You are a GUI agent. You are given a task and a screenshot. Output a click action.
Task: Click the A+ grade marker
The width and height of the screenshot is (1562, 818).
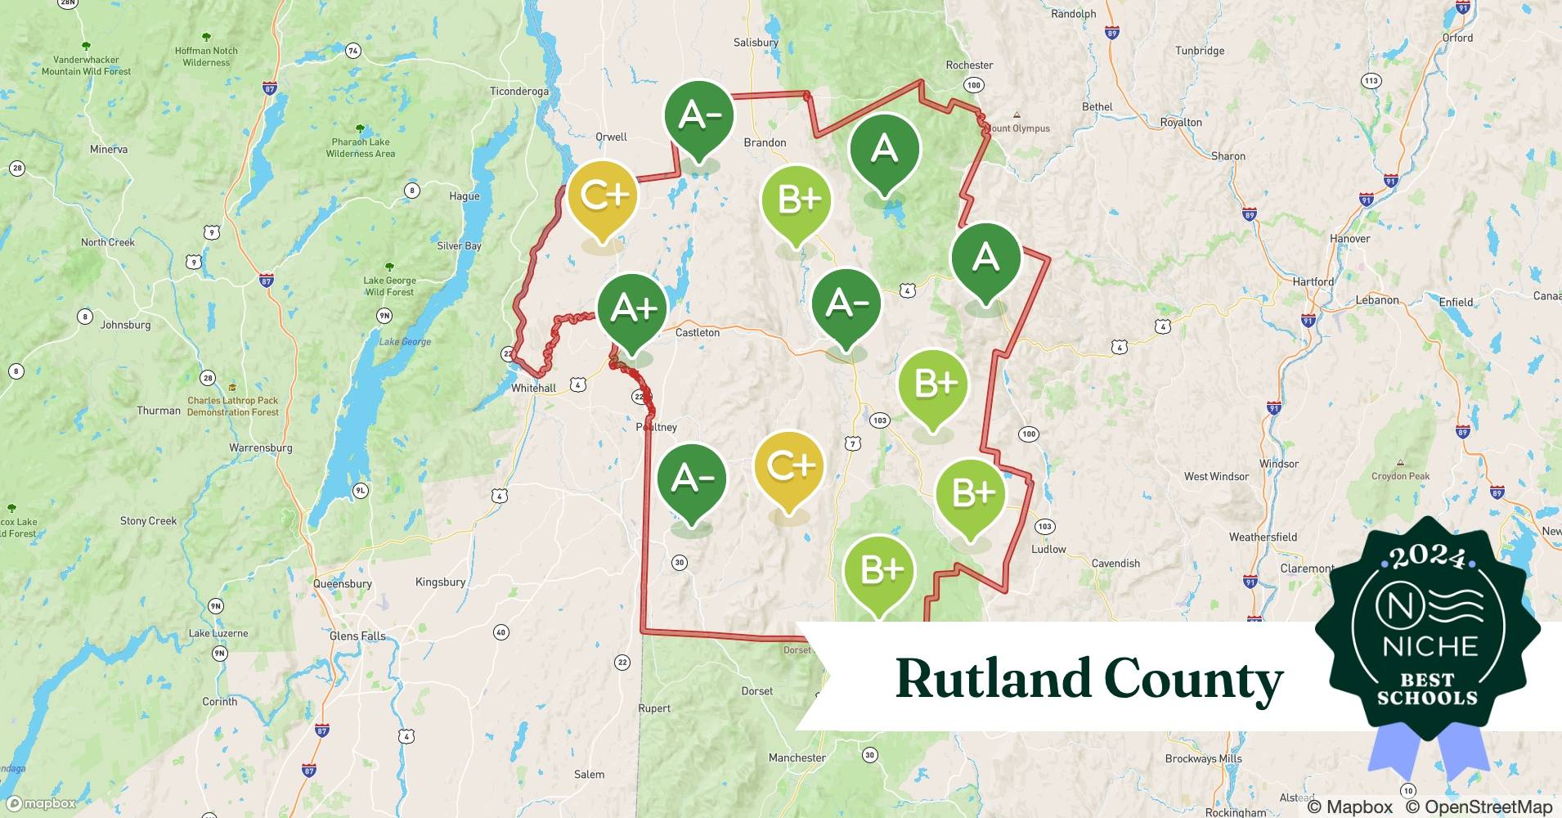[632, 309]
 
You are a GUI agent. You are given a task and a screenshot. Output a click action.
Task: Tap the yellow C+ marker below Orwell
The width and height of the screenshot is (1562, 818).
[603, 196]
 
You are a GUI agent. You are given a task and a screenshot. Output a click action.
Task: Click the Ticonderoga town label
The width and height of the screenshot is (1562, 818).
[519, 91]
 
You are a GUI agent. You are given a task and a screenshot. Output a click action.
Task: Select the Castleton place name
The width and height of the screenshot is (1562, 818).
[698, 332]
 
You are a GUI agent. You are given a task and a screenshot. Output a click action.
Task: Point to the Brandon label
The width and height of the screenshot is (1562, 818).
[765, 142]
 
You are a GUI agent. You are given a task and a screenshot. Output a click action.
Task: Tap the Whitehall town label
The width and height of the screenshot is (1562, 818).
[533, 388]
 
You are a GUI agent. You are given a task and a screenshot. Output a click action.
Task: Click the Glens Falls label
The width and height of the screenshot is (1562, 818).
[357, 636]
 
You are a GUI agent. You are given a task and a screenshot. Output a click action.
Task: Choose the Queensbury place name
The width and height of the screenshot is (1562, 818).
[343, 583]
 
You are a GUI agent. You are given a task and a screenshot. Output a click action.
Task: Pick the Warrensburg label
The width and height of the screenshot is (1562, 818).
[261, 447]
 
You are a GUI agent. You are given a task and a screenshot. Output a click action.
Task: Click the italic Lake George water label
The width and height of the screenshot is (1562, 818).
[405, 342]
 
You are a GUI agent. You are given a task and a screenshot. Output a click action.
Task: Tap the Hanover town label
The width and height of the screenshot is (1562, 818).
[1349, 239]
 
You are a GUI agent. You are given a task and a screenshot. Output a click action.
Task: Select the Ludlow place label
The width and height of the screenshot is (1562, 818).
[1048, 549]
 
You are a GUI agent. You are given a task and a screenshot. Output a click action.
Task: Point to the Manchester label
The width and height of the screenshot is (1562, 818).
[797, 757]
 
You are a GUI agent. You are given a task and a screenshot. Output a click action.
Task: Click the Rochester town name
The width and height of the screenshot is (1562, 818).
[969, 65]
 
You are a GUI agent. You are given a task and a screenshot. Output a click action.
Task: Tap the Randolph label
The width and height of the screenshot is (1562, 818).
[1073, 14]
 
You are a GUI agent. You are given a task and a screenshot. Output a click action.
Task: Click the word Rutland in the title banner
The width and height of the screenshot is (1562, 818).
[993, 679]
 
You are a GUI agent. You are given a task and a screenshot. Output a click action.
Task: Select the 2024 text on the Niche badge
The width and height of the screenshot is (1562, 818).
[1428, 557]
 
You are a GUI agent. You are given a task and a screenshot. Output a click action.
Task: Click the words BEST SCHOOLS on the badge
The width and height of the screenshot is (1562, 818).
[1427, 689]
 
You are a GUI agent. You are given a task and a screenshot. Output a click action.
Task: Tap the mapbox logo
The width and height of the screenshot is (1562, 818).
[41, 803]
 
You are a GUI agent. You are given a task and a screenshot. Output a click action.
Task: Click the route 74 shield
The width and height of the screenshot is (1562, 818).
[352, 51]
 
